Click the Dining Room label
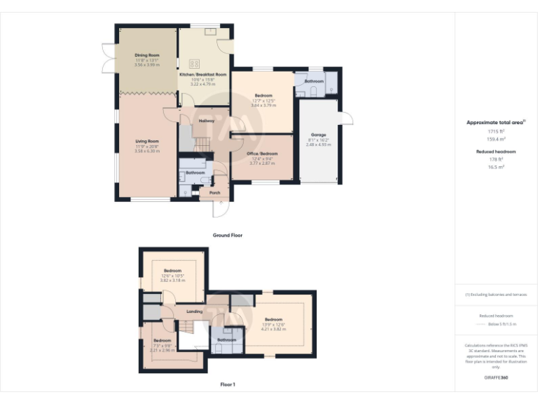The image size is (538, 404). point(147,55)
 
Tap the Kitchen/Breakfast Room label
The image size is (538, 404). point(204,74)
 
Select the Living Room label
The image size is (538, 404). point(148,142)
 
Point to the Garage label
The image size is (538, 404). point(319,134)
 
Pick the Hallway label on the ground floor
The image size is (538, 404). point(207,121)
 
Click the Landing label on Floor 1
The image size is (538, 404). point(195,311)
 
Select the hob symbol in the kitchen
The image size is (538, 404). point(193,64)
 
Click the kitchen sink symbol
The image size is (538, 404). point(209,31)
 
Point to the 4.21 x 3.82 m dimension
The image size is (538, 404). point(275,328)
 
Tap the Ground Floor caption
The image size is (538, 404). point(228,235)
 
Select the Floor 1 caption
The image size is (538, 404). point(228,384)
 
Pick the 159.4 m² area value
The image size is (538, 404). point(496,138)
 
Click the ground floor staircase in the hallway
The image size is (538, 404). point(202,144)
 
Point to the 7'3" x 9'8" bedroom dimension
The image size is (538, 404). point(162,344)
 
